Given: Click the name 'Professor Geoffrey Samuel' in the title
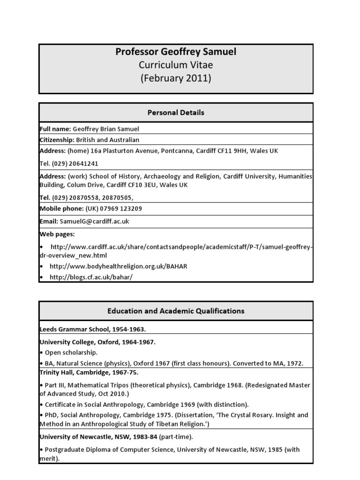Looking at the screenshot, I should (x=176, y=52).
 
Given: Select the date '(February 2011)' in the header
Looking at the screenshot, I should (x=176, y=78).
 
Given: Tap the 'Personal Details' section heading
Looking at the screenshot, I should (x=176, y=112).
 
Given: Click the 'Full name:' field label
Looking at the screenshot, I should (x=55, y=129).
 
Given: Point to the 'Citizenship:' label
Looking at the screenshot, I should (x=57, y=140).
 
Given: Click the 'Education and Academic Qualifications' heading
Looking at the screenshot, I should (x=176, y=311).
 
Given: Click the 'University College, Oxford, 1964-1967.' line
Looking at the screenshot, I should (x=97, y=342).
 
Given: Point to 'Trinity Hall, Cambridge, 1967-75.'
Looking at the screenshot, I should (x=89, y=373).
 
